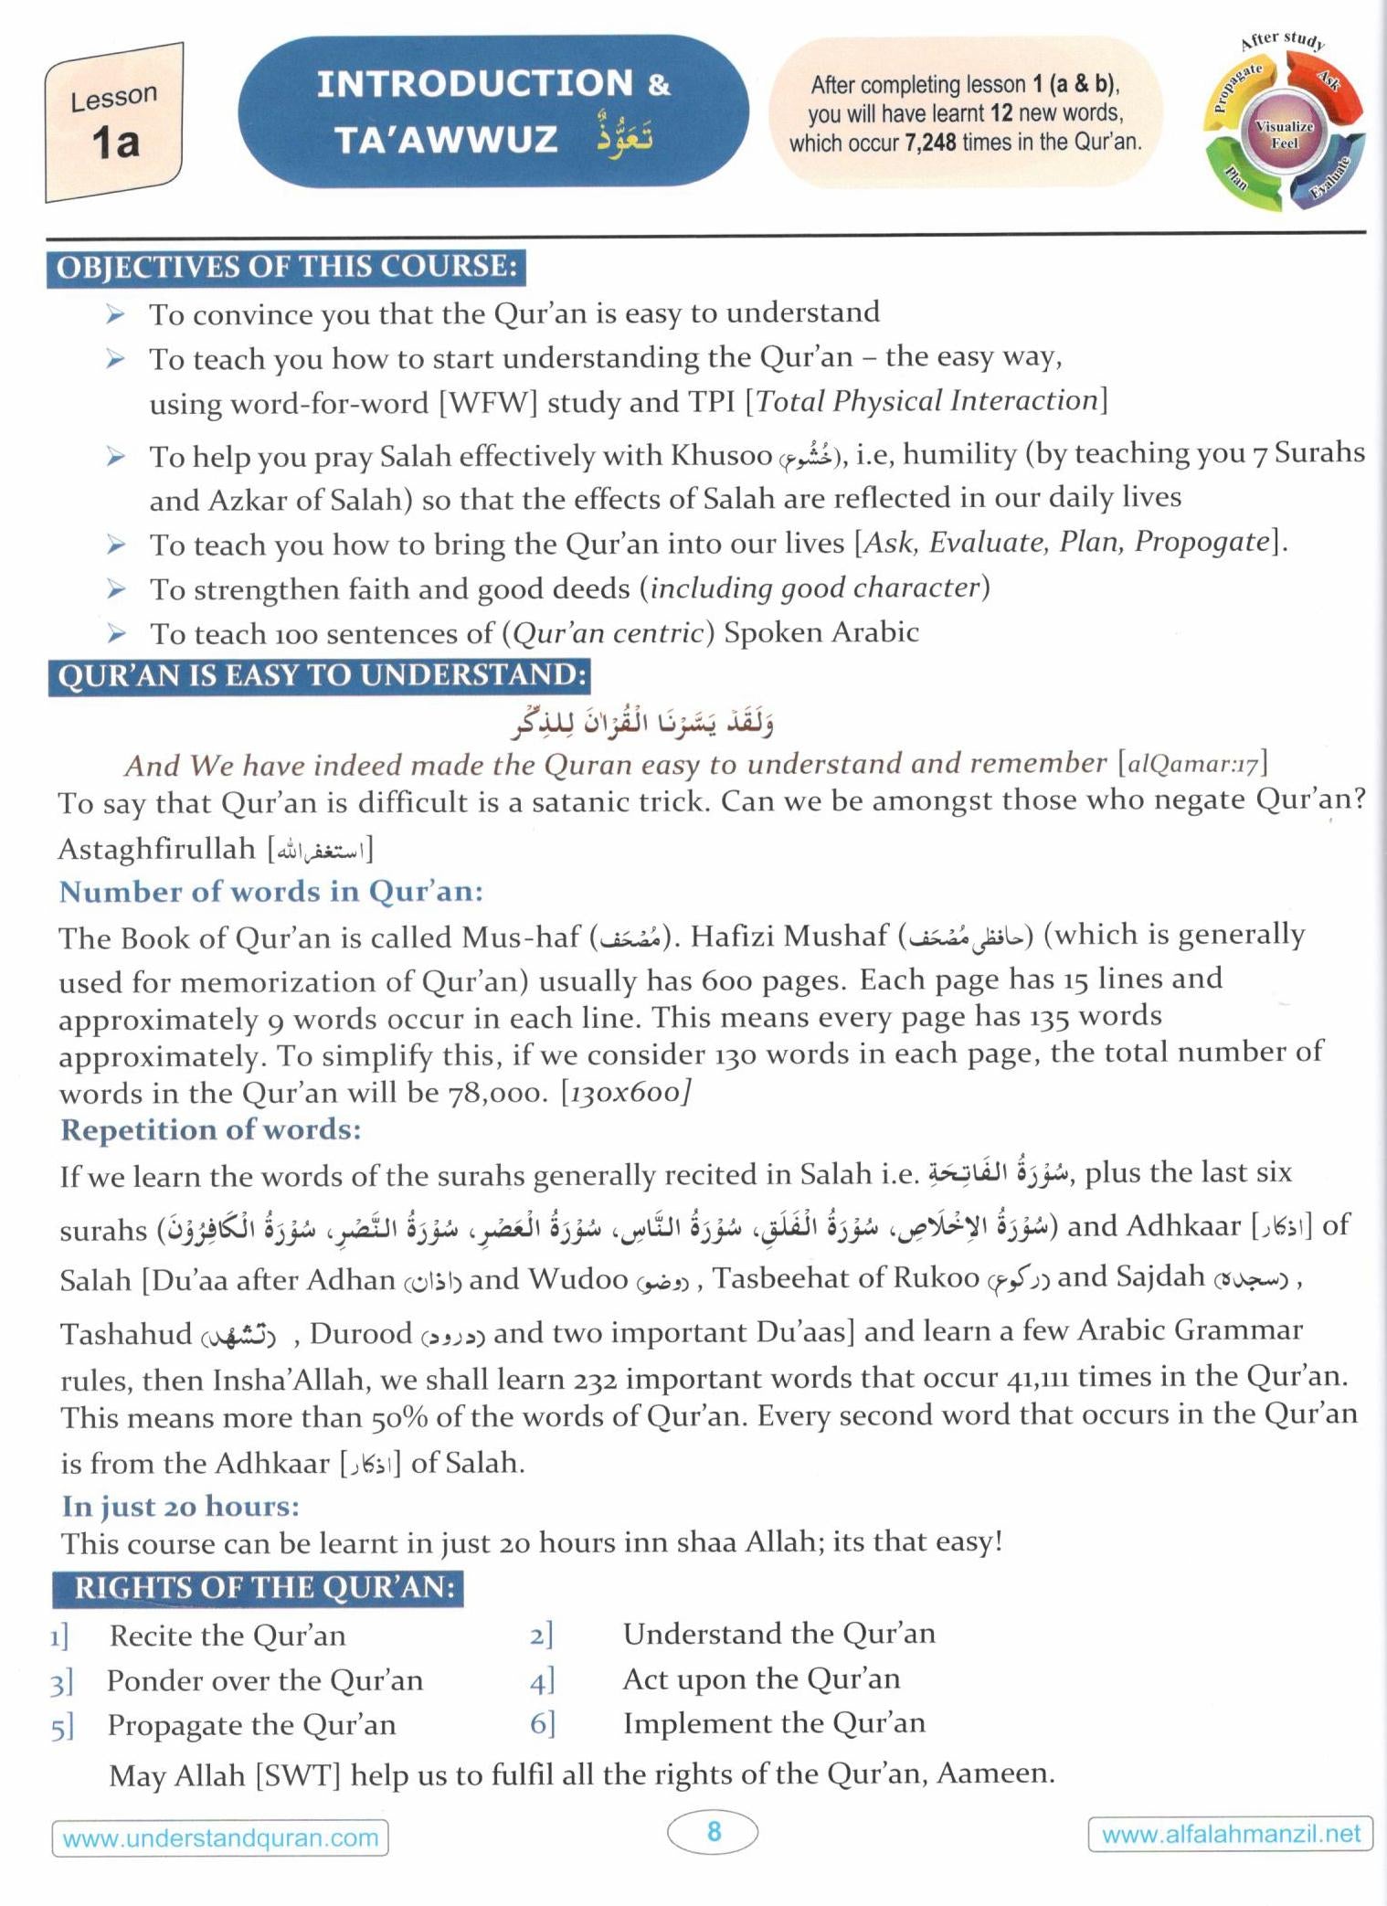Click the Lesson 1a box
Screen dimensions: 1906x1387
coord(114,123)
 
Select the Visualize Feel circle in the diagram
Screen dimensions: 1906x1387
coord(1284,134)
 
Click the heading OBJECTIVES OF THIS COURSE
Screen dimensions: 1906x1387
coord(287,268)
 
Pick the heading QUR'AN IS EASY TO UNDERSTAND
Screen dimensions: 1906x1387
coord(320,676)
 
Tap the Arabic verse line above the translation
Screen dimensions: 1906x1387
coord(642,723)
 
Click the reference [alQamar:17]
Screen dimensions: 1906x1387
coord(1192,763)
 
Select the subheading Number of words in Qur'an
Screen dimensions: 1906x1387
coord(271,892)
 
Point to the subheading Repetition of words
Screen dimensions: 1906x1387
coord(211,1130)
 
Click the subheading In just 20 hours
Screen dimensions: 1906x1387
coord(181,1506)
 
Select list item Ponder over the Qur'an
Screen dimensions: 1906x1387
coord(265,1680)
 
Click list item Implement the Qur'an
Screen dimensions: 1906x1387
coord(774,1723)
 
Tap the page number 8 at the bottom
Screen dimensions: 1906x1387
coord(714,1831)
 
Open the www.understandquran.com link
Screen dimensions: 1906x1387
coord(220,1837)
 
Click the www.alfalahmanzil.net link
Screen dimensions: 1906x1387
coord(1231,1834)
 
